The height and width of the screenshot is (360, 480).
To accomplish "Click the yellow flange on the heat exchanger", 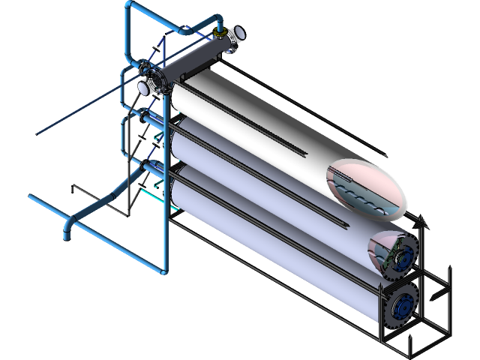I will coord(218,33).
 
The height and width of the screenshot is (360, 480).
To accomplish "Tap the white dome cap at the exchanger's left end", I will coord(141,87).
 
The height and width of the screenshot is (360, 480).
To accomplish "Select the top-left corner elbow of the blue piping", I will coord(129,9).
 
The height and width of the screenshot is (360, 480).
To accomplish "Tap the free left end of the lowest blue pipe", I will coord(31,197).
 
